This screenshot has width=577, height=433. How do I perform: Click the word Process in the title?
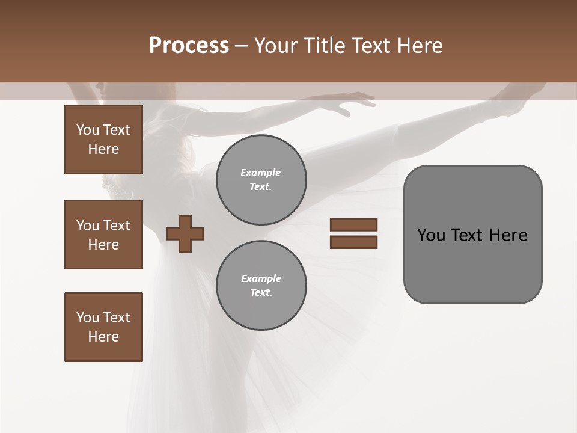coord(189,46)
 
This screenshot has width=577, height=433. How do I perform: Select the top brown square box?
coord(103,140)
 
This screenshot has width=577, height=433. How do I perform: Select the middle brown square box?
coord(103,235)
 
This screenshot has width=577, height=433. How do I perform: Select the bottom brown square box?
coord(103,327)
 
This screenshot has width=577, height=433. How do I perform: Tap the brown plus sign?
coord(185,233)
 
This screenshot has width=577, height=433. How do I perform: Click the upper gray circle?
coord(261,180)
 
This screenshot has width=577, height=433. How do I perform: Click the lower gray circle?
coord(261,286)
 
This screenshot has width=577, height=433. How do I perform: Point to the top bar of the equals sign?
coord(353,224)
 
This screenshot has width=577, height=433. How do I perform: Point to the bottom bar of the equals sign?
coord(353,242)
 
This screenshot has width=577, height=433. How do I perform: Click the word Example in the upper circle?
coord(260,173)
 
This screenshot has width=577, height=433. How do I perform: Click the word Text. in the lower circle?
coord(261,293)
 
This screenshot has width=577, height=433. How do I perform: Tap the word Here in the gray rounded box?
coord(508,235)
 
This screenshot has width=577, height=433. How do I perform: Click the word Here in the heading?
coord(419,46)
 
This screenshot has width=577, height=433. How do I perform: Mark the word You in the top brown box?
coord(87,130)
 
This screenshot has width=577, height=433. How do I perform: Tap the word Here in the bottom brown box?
coord(103,337)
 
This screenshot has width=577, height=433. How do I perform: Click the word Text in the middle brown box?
coord(117,226)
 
